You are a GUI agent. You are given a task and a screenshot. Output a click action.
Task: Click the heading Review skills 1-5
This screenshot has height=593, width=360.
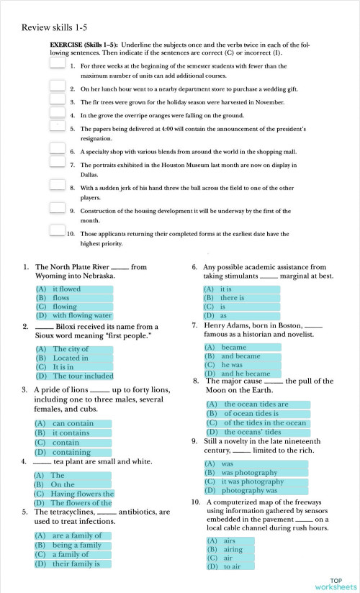tap(54, 27)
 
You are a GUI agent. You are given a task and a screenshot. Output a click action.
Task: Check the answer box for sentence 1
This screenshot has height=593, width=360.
tap(58, 63)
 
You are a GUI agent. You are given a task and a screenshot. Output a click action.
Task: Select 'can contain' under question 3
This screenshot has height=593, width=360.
tap(73, 424)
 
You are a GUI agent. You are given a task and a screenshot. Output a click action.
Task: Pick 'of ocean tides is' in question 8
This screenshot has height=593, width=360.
tap(251, 414)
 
